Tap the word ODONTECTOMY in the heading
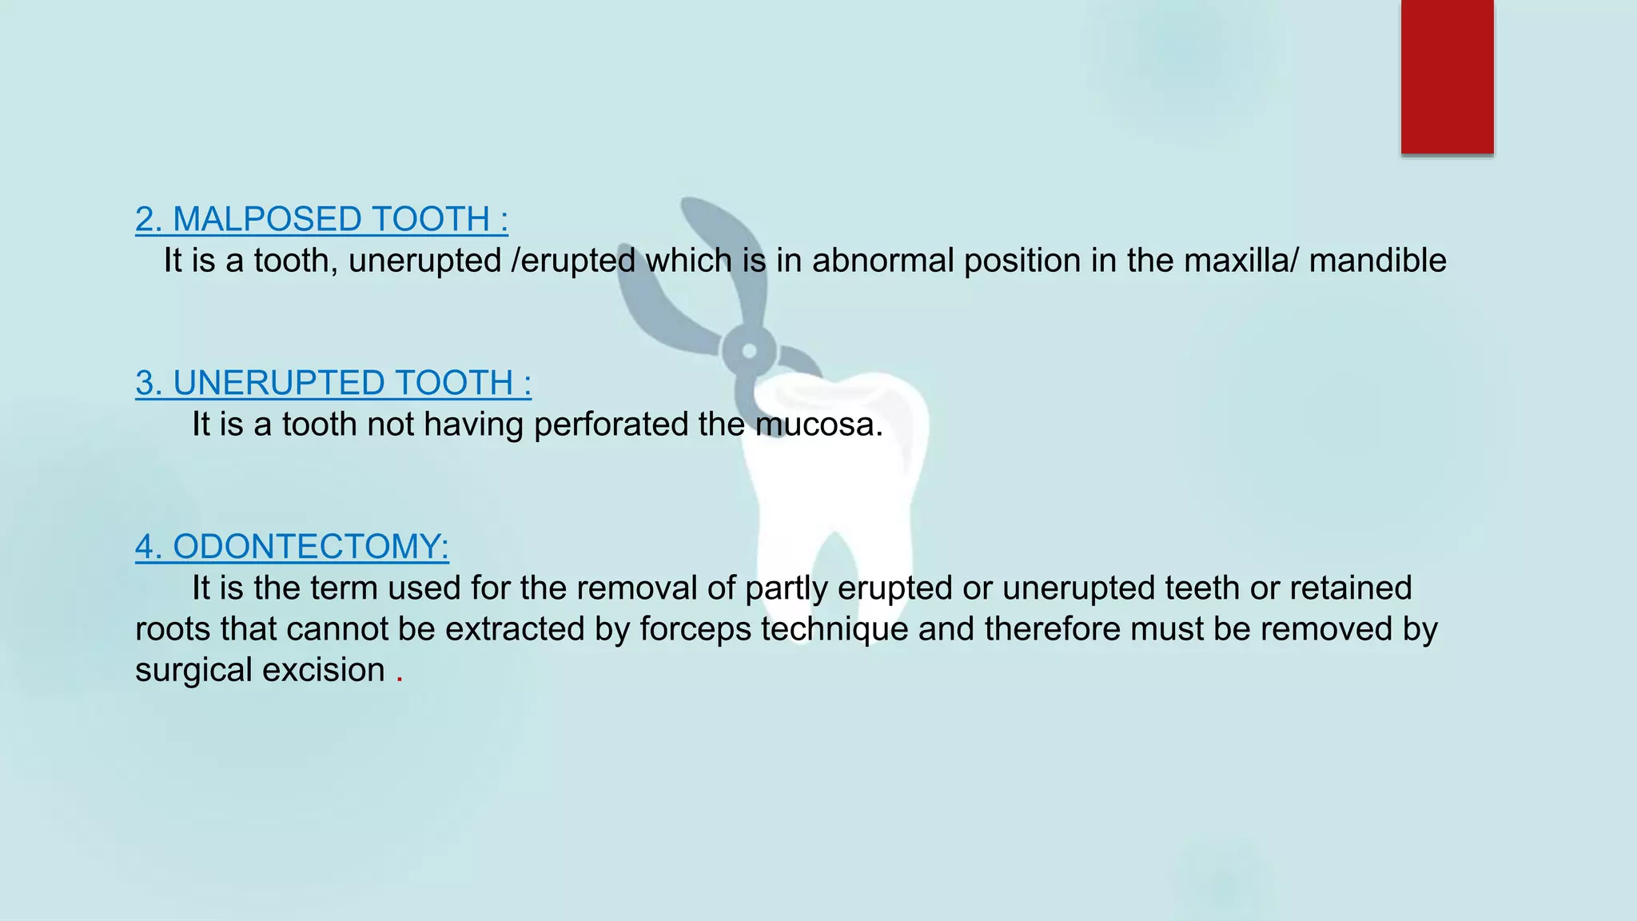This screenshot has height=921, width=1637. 311,547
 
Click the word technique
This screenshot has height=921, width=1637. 834,630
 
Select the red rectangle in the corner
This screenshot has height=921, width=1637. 1447,77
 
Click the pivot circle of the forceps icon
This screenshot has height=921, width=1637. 749,351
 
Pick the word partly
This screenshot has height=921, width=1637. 786,589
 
